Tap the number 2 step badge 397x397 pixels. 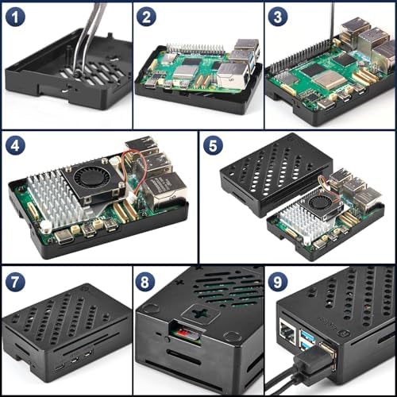pos(147,17)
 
